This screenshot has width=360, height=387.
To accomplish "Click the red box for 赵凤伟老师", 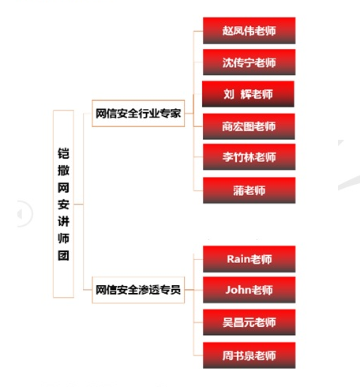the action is [x=249, y=31].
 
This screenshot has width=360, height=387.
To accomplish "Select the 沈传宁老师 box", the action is [x=249, y=62].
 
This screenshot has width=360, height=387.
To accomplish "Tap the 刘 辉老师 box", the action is [x=248, y=94].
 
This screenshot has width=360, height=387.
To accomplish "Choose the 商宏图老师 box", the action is [x=249, y=126].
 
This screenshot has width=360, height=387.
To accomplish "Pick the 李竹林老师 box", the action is [x=249, y=157].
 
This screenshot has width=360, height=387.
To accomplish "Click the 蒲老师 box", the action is [x=249, y=190].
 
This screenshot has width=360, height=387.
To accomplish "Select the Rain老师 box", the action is [x=249, y=259].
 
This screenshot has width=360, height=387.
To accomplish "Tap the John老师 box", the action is [x=249, y=290].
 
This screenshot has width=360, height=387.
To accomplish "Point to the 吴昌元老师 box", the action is [x=249, y=322].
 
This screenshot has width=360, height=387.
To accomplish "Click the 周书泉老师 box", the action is [x=249, y=355].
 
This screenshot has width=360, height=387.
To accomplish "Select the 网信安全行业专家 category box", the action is [x=138, y=114].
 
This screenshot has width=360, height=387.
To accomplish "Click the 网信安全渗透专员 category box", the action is [x=138, y=290].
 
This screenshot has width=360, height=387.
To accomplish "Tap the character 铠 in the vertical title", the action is [x=63, y=153].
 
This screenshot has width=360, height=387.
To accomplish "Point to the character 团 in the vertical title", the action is [x=63, y=255].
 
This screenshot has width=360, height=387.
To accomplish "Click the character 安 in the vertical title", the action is [x=63, y=205].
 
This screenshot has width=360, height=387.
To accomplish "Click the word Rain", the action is [x=238, y=259].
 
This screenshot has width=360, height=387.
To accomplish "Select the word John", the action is [x=237, y=290].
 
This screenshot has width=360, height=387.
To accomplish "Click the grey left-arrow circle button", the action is [x=25, y=213].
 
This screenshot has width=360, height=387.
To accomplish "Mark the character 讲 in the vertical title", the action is [x=63, y=221].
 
